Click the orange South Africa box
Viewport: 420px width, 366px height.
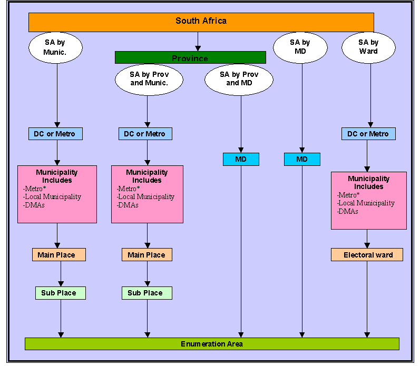(x=201, y=22)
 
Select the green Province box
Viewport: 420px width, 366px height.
(x=190, y=57)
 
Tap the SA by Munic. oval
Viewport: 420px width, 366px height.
(x=55, y=47)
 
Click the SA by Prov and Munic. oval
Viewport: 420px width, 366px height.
(x=149, y=80)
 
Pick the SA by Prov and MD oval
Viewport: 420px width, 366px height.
(x=239, y=80)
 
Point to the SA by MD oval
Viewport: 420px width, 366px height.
(x=300, y=47)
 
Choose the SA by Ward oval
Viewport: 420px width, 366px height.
(x=368, y=47)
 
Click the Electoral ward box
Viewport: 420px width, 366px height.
(x=367, y=255)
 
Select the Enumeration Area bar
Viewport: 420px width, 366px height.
(x=212, y=344)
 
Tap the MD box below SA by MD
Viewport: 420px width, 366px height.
(x=302, y=160)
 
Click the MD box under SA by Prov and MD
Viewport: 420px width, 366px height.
(x=241, y=160)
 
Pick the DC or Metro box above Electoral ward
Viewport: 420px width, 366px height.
(x=368, y=134)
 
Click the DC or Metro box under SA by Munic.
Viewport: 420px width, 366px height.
(x=55, y=134)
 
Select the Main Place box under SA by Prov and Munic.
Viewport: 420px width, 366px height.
(x=147, y=255)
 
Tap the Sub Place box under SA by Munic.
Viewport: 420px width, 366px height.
(x=61, y=293)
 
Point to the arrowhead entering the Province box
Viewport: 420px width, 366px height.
(x=198, y=48)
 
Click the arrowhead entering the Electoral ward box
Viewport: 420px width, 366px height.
(x=367, y=245)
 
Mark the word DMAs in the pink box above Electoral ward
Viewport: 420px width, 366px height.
(x=347, y=212)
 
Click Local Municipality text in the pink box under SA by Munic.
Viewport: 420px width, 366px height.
(x=52, y=197)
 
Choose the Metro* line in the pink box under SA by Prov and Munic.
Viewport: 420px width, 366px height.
(x=128, y=189)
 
